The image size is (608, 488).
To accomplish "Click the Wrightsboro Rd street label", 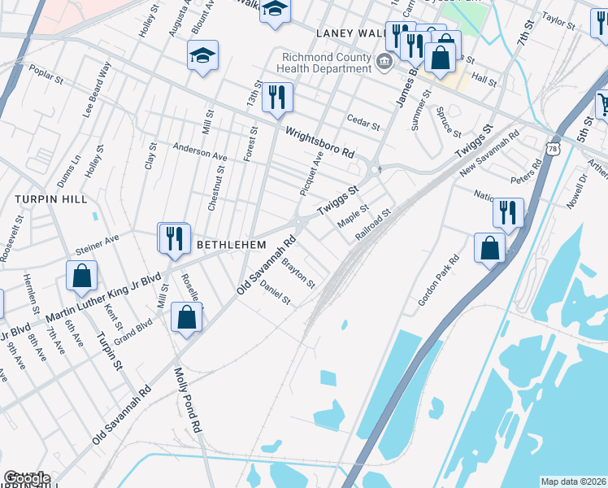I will tap(319, 141).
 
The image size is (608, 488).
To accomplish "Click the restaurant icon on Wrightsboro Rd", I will tap(277, 98).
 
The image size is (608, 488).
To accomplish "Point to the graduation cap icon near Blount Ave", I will tap(202, 55).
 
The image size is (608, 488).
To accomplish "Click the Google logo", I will tap(26, 478).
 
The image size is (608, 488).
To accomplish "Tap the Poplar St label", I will tap(46, 80).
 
